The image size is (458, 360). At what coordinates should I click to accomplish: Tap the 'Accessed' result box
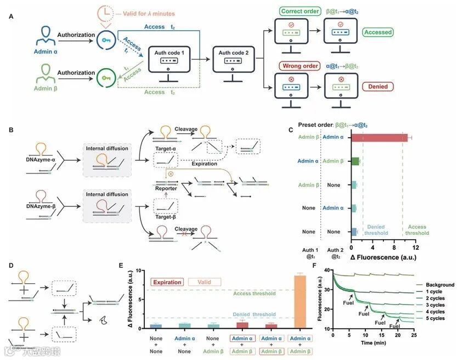coord(378,32)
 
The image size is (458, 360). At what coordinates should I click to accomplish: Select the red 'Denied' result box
coord(378,86)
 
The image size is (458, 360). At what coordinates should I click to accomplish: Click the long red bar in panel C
coord(378,137)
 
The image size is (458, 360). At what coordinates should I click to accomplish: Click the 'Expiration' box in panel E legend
coord(167,282)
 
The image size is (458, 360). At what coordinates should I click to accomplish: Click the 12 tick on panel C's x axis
coord(415,248)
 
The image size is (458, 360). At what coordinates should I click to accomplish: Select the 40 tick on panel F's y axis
coord(327,270)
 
